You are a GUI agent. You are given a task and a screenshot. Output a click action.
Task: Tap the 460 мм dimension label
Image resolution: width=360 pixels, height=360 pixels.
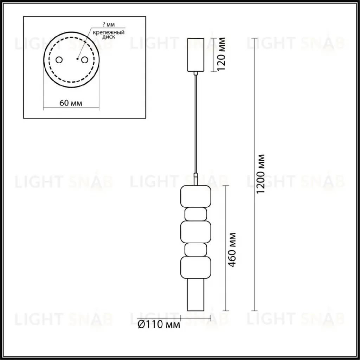[x=232, y=250]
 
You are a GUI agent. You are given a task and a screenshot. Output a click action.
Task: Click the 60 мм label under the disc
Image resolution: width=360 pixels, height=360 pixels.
[x=71, y=103]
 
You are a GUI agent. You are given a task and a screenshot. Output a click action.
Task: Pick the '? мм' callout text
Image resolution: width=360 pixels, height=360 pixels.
[x=109, y=25]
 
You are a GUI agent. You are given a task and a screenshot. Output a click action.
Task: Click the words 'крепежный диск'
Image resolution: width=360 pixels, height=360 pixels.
[x=109, y=34]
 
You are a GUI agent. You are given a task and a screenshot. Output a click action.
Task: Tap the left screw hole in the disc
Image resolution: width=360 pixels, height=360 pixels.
[x=59, y=60]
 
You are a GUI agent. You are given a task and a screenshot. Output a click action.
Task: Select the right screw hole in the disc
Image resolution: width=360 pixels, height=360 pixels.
[x=84, y=60]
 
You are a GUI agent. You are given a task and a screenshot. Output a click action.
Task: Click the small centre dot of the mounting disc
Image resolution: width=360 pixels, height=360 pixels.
[x=78, y=59]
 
